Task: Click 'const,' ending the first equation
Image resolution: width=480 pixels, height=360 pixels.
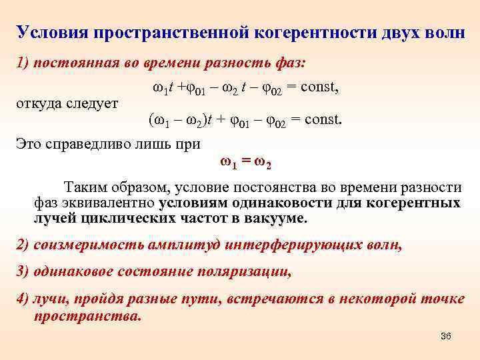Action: tap(317, 87)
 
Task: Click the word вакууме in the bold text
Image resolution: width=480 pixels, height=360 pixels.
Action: tap(274, 218)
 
